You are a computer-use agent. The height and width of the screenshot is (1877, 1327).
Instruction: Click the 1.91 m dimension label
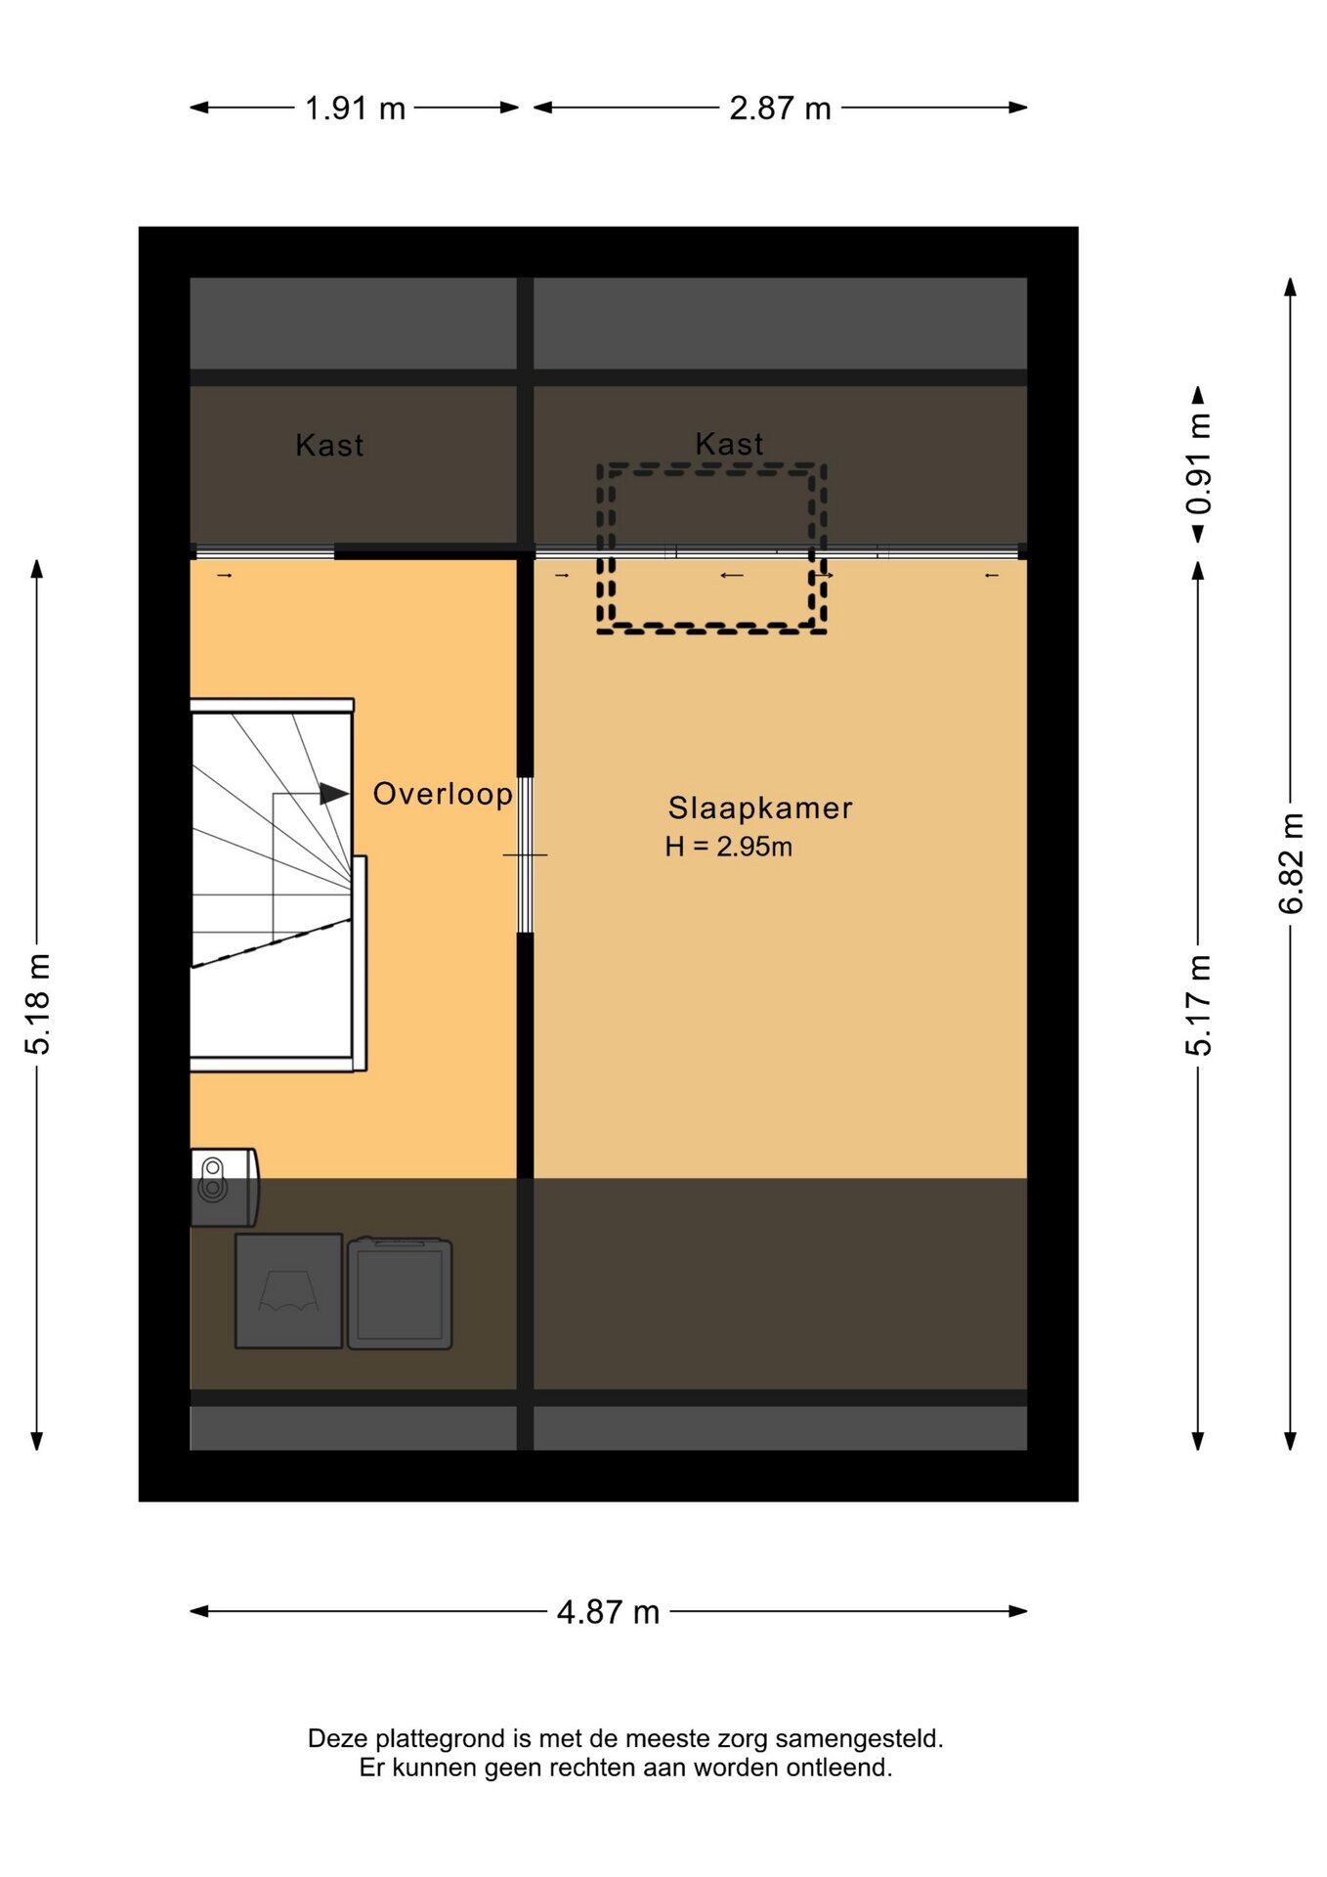[x=355, y=108]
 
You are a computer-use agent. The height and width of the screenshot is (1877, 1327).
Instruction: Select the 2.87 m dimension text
[x=780, y=108]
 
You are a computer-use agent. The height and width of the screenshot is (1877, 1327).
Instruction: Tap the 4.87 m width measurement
[x=608, y=1612]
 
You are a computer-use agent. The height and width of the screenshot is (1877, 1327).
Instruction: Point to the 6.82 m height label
[x=1291, y=863]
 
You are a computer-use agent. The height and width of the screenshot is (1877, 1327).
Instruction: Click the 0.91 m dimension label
[x=1199, y=463]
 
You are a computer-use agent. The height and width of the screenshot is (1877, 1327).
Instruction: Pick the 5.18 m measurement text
[x=37, y=1004]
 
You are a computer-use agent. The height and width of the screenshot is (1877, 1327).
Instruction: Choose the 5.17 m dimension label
[x=1199, y=1005]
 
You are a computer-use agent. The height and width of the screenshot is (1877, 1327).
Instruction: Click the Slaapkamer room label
[x=760, y=808]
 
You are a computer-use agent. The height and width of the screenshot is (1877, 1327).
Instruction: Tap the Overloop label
[x=443, y=794]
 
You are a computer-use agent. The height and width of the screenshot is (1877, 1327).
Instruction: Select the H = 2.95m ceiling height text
[x=728, y=847]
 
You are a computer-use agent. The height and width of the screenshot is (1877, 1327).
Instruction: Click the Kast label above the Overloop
[x=329, y=446]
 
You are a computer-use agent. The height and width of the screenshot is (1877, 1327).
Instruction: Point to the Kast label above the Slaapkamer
[x=729, y=444]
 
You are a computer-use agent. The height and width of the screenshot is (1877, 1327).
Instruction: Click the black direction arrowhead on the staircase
[x=334, y=794]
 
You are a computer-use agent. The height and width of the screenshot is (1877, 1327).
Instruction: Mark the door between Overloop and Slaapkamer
[x=525, y=855]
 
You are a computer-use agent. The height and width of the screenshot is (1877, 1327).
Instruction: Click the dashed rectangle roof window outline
[x=712, y=467]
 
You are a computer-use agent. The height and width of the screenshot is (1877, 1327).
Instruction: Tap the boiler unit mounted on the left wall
[x=225, y=1188]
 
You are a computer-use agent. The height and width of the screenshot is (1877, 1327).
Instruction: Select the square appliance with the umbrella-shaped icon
[x=289, y=1291]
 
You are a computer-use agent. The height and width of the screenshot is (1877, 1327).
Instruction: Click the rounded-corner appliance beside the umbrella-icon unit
[x=400, y=1293]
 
